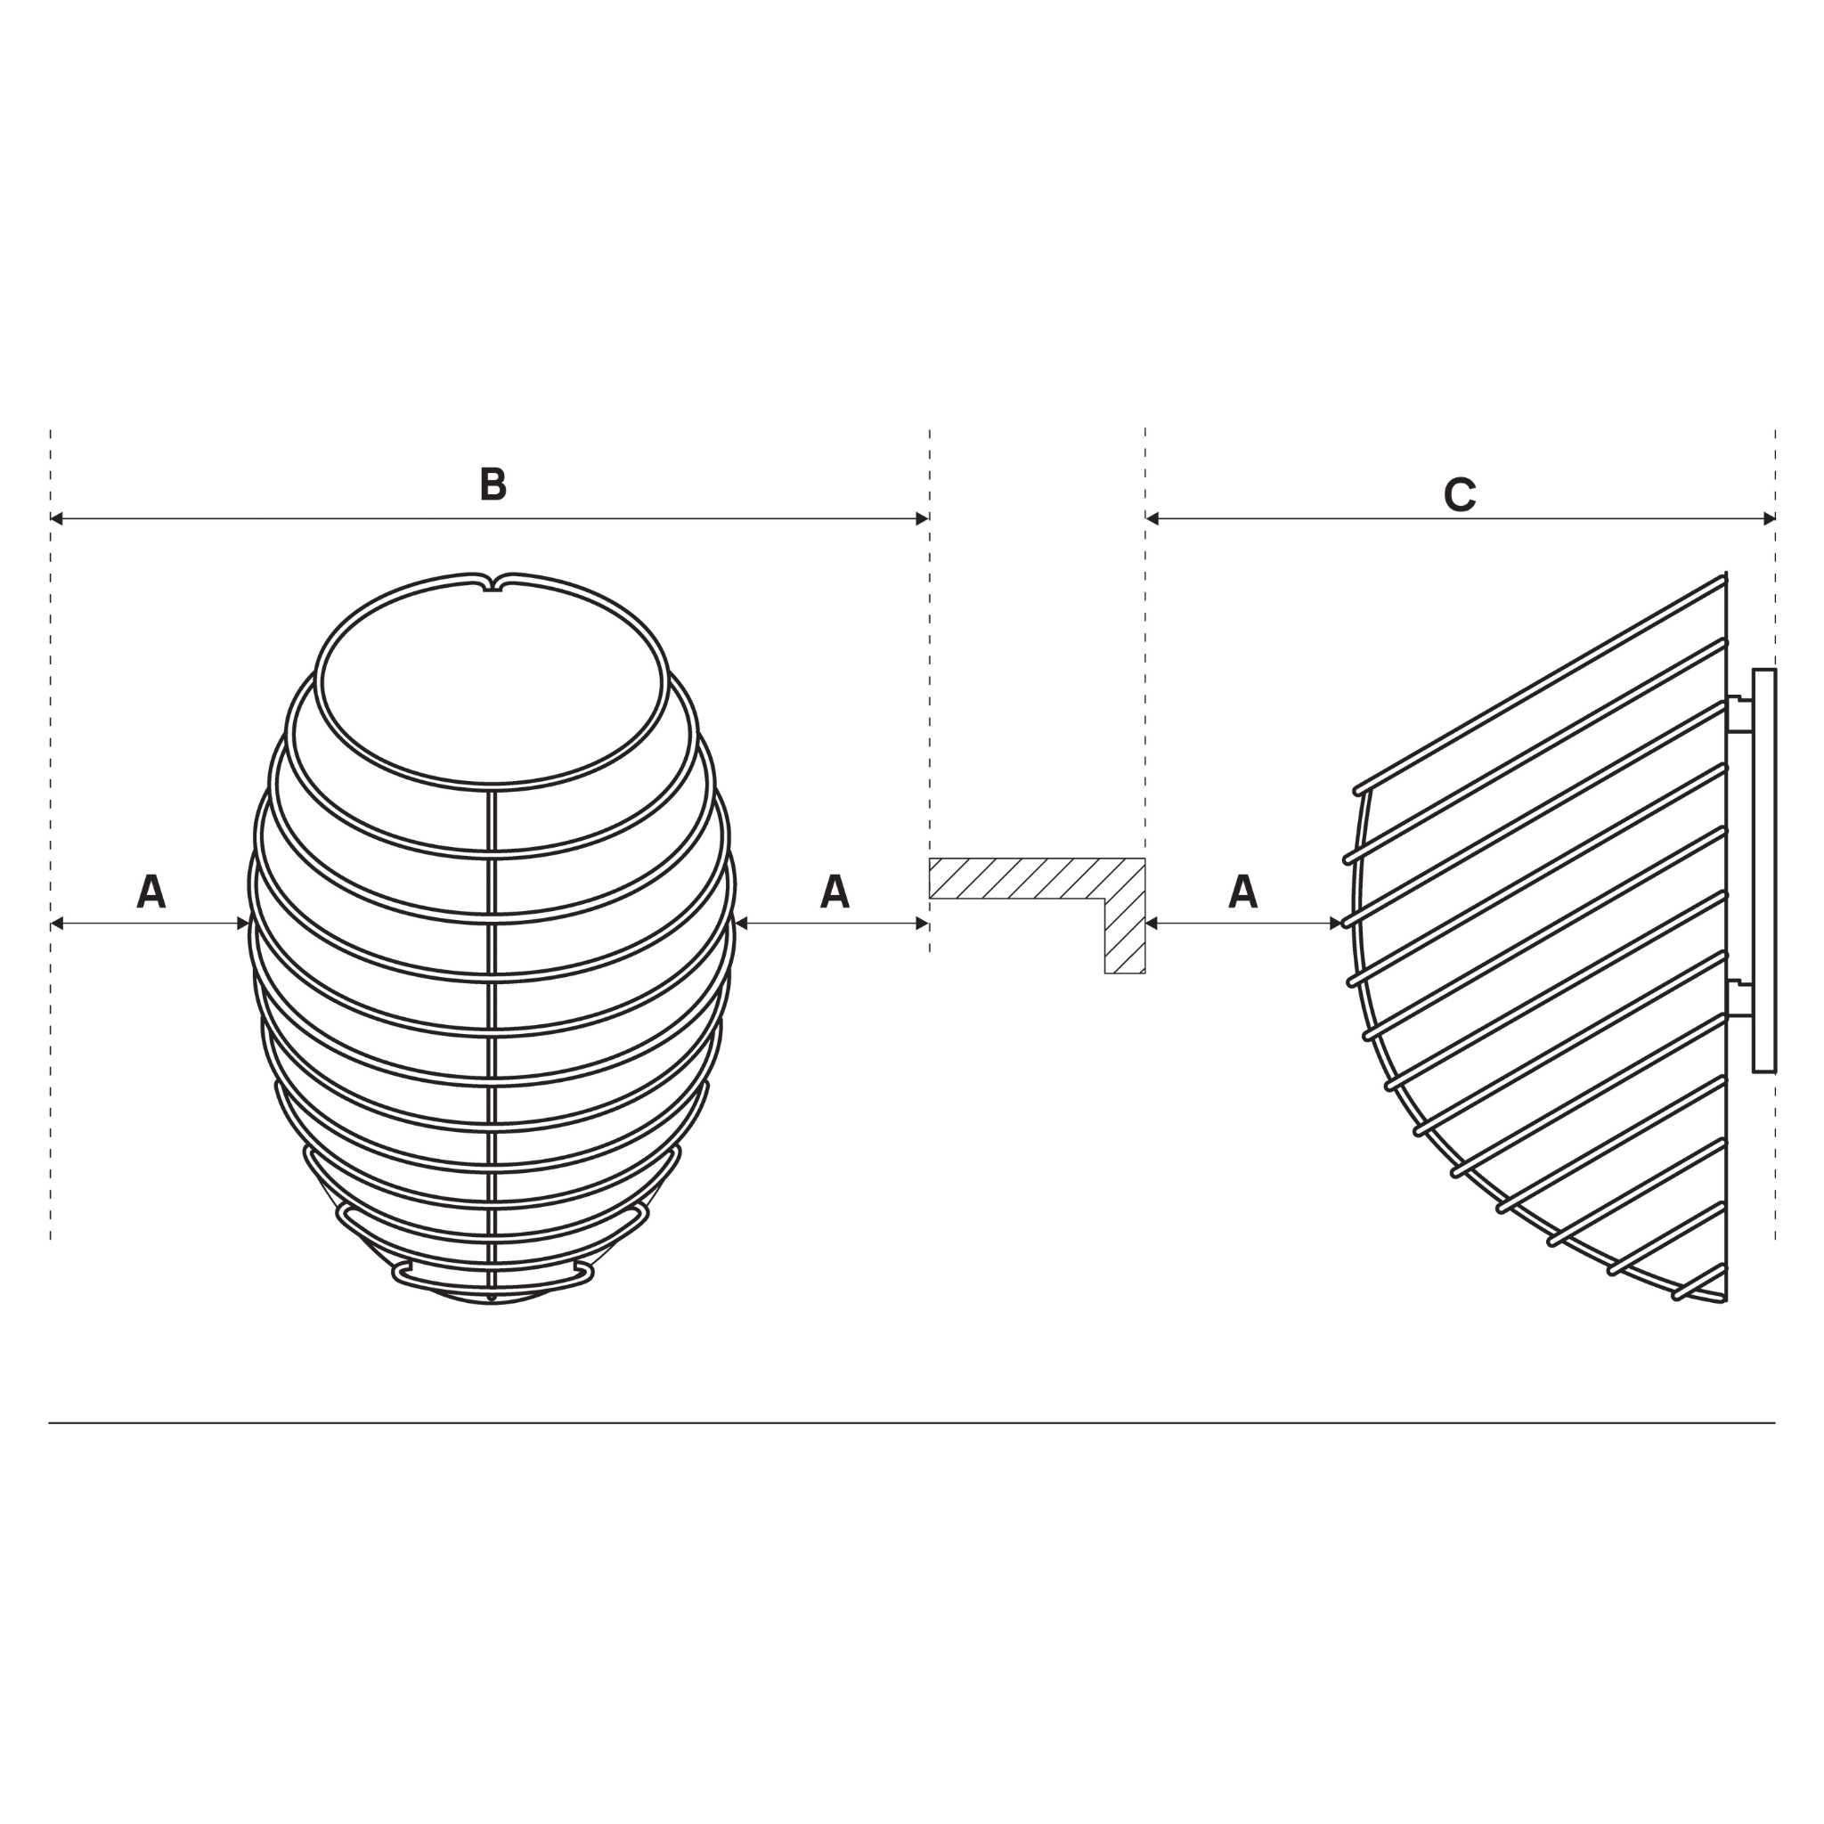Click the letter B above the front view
(x=493, y=484)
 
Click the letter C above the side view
(x=1460, y=494)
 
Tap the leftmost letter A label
(x=151, y=892)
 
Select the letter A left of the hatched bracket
(x=835, y=892)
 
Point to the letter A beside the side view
(x=1242, y=892)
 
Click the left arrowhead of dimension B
(x=57, y=518)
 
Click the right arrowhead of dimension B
(x=923, y=518)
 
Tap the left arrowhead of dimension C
(x=1152, y=518)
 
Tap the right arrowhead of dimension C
(x=1770, y=518)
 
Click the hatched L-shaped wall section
(x=1123, y=907)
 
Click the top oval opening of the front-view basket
(x=491, y=685)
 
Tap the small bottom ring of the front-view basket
(x=492, y=1276)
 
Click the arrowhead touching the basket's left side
(x=243, y=924)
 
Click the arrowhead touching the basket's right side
(x=741, y=924)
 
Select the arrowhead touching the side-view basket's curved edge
(x=1335, y=924)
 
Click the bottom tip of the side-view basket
(x=1724, y=1300)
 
